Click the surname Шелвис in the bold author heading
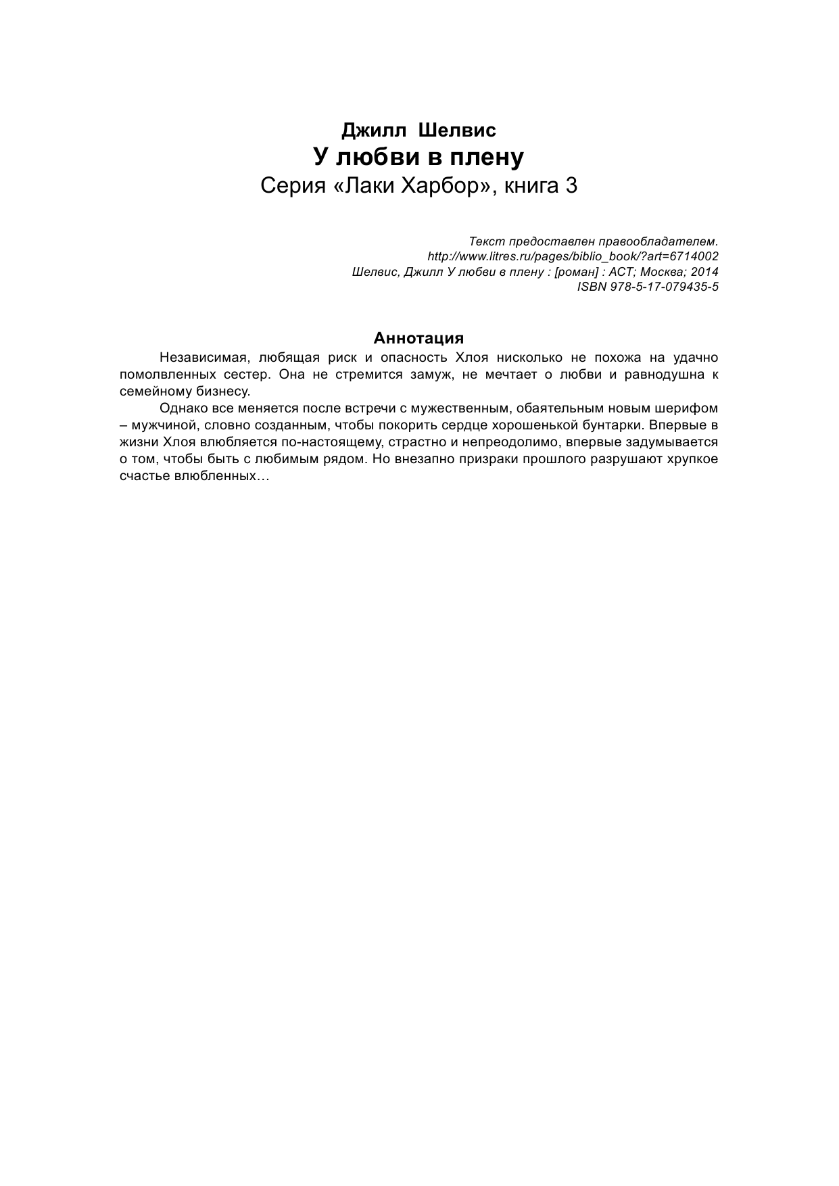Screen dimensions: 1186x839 (x=458, y=130)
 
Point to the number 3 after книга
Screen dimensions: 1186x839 (x=571, y=186)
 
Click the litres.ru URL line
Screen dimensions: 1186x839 (x=573, y=257)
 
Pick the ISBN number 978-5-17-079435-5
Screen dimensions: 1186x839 (x=647, y=287)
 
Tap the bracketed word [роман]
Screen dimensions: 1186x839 (x=575, y=272)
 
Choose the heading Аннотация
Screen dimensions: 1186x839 (x=418, y=338)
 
